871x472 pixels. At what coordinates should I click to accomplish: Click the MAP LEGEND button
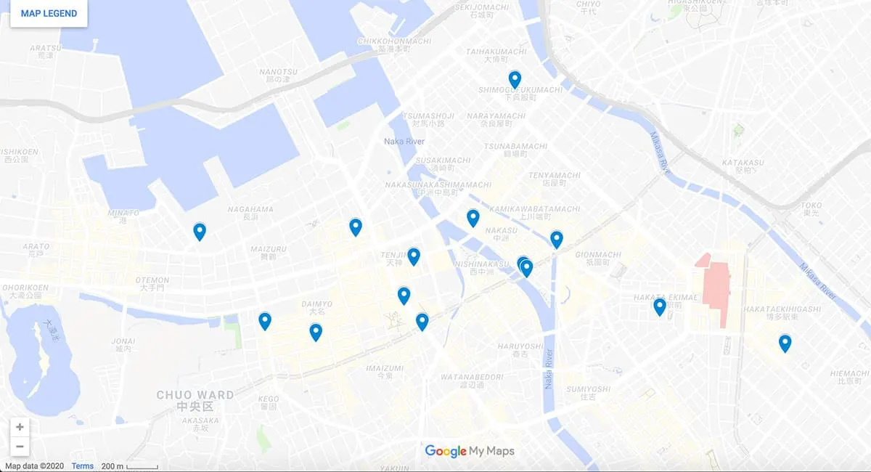pos(49,14)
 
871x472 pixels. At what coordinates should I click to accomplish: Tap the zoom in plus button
pos(20,427)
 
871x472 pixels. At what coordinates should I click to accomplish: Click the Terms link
pos(82,466)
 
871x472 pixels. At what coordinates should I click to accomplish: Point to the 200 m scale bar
pos(129,466)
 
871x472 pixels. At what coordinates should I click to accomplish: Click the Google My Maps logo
pos(470,451)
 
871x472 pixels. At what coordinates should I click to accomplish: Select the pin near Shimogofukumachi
pos(515,79)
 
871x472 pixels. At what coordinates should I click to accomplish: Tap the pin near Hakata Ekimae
pos(659,306)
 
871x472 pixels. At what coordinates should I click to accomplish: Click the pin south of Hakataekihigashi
pos(785,343)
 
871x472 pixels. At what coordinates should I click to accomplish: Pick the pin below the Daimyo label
pos(316,332)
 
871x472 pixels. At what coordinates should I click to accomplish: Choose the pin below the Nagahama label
pos(200,232)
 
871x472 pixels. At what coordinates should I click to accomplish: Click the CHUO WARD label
pos(195,396)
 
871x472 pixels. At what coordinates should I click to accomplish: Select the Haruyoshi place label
pos(520,346)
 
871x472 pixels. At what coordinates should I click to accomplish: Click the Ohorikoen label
pos(25,288)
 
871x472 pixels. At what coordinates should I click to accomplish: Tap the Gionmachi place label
pos(598,256)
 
